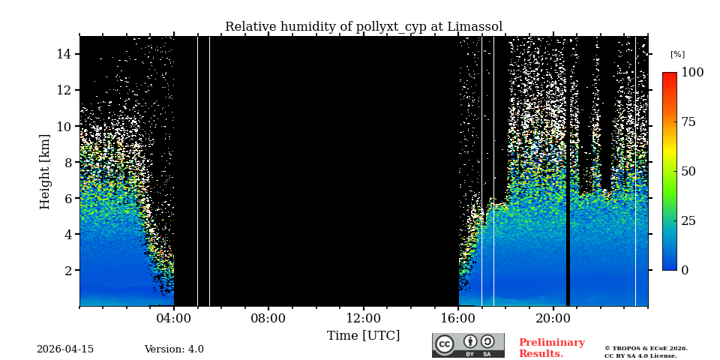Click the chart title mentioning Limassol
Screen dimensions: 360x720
click(364, 27)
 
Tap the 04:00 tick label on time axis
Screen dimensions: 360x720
click(173, 318)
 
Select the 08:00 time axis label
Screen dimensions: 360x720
click(268, 318)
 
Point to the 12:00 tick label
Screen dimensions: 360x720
click(363, 318)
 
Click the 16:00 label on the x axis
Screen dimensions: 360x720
click(458, 318)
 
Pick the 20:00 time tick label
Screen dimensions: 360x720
click(553, 318)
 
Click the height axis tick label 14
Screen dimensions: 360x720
click(63, 54)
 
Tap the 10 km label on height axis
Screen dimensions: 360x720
click(63, 126)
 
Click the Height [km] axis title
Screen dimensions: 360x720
click(45, 171)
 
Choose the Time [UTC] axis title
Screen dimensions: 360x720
click(363, 336)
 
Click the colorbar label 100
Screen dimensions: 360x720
click(692, 73)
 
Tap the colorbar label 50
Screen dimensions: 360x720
click(689, 171)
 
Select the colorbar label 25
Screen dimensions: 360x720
click(689, 220)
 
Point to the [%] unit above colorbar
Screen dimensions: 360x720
click(677, 55)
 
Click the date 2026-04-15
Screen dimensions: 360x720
click(65, 349)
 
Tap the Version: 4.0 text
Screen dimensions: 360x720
click(174, 349)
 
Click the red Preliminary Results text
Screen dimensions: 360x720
click(551, 348)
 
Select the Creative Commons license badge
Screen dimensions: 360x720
click(468, 345)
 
